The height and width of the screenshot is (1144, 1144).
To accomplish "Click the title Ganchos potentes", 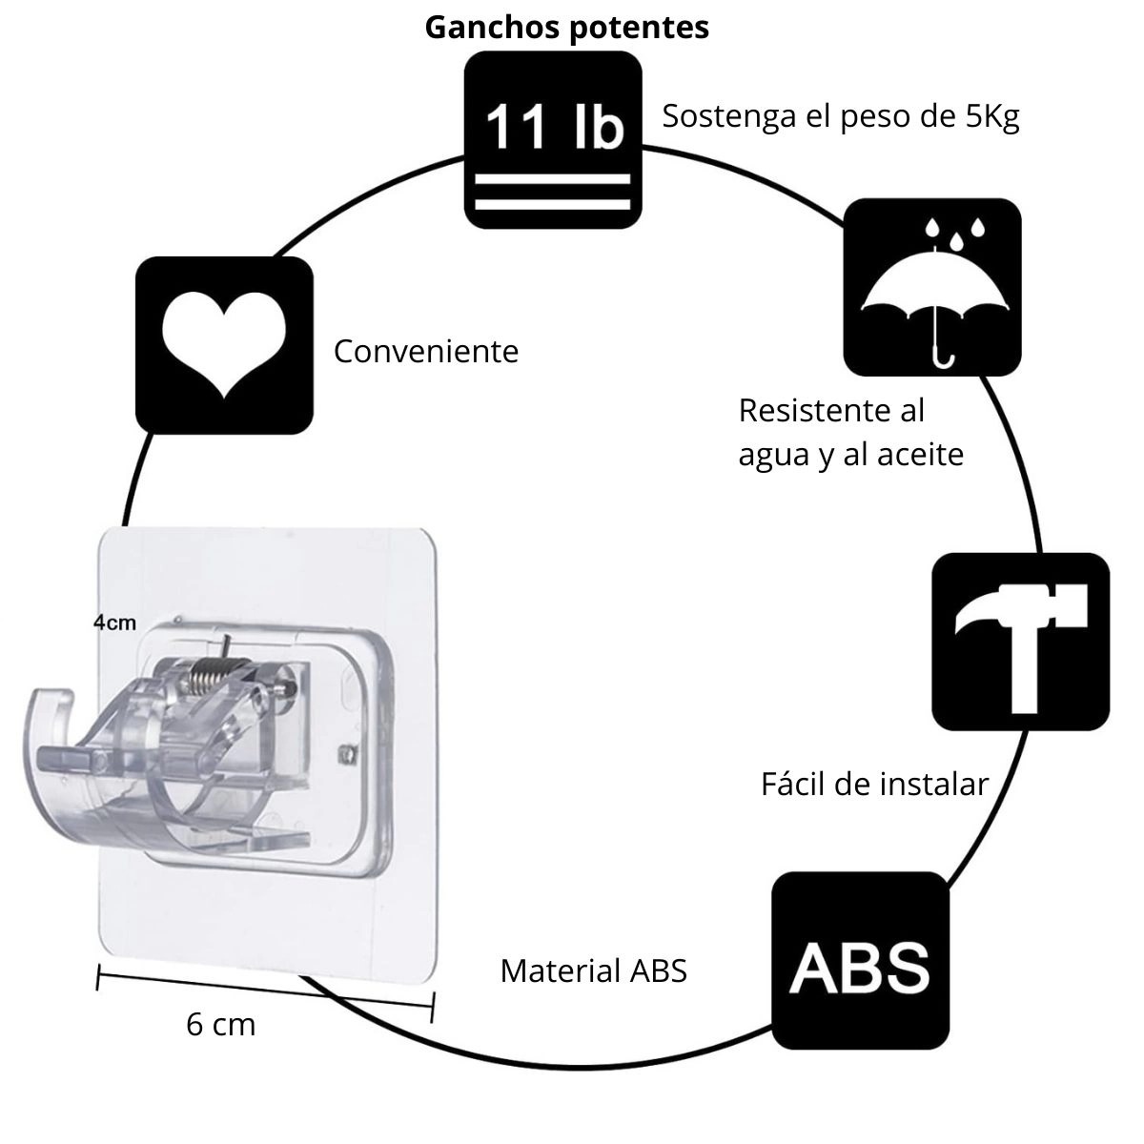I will [566, 27].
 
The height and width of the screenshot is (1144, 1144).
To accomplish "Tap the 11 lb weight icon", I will [553, 140].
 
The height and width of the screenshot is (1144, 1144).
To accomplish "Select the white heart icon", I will [224, 344].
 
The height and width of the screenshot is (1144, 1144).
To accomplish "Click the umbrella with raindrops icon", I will [932, 287].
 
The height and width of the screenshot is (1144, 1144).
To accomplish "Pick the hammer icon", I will [1020, 642].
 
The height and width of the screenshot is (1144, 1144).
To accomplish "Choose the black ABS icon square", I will [860, 961].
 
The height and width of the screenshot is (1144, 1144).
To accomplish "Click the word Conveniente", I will [426, 352].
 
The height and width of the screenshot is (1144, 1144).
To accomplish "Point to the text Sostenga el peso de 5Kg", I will [841, 116].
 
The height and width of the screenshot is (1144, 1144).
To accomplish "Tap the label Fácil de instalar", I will [874, 785].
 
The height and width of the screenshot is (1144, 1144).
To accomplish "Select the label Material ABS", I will [593, 971].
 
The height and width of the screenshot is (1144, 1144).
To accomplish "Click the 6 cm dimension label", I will [221, 1025].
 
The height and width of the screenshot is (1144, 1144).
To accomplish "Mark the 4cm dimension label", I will [114, 623].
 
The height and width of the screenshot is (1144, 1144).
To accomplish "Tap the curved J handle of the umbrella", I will [942, 354].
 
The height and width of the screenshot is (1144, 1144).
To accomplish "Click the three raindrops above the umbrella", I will [952, 229].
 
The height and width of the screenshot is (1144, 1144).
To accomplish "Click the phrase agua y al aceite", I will [850, 455].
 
